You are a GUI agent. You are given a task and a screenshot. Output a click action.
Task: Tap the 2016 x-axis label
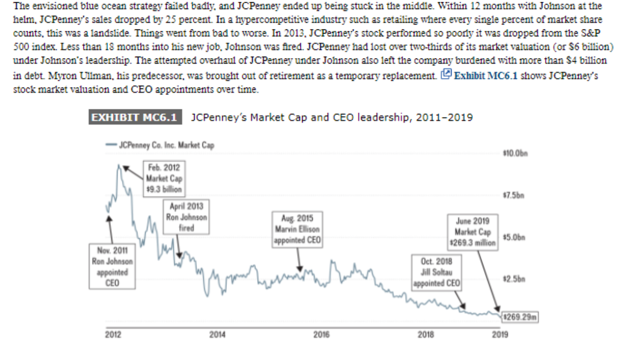pyautogui.click(x=321, y=334)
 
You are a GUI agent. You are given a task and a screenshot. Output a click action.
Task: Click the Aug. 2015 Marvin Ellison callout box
pyautogui.click(x=298, y=230)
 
